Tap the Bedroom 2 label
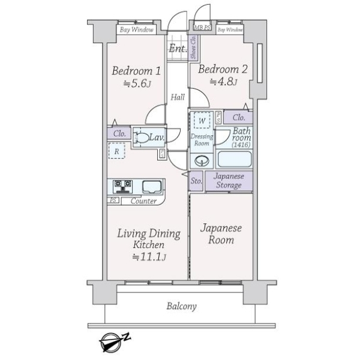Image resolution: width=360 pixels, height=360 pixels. [x=223, y=68]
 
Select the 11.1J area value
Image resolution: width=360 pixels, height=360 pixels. [x=148, y=257]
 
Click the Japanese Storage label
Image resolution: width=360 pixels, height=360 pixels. [x=228, y=181]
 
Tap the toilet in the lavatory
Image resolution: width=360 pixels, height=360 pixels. [x=142, y=138]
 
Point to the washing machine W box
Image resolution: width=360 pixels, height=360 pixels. [x=203, y=121]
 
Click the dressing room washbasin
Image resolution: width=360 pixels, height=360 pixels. [x=201, y=161]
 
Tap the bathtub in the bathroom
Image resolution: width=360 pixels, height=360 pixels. [x=235, y=160]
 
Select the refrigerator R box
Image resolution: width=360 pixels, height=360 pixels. [x=116, y=152]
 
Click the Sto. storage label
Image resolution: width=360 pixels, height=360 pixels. [x=196, y=180]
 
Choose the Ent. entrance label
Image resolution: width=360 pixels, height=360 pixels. [x=177, y=49]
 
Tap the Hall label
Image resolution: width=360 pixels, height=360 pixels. [x=178, y=97]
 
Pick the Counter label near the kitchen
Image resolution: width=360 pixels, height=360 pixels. [x=143, y=201]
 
